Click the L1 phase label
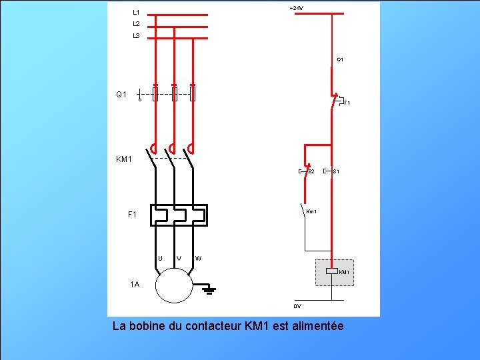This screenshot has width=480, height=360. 136,12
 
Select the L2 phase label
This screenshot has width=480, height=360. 136,23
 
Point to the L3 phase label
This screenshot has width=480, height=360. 136,35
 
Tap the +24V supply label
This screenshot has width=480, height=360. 297,8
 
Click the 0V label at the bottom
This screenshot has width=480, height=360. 297,306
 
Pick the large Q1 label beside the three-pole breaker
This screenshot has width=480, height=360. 121,95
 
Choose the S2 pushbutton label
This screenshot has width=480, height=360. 311,172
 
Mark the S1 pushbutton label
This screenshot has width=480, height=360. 337,172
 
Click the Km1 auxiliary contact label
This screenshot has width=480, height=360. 311,212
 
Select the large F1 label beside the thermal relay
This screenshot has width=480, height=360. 133,215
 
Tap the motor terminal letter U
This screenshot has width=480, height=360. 160,258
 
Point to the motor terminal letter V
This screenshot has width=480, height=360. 178,258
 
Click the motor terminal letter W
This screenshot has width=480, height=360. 198,258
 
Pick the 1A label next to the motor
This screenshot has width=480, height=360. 135,285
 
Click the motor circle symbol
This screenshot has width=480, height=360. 173,286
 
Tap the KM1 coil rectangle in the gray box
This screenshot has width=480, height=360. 331,271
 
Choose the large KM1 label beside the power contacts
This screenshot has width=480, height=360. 125,159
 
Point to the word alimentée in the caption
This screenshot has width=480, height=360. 316,326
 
